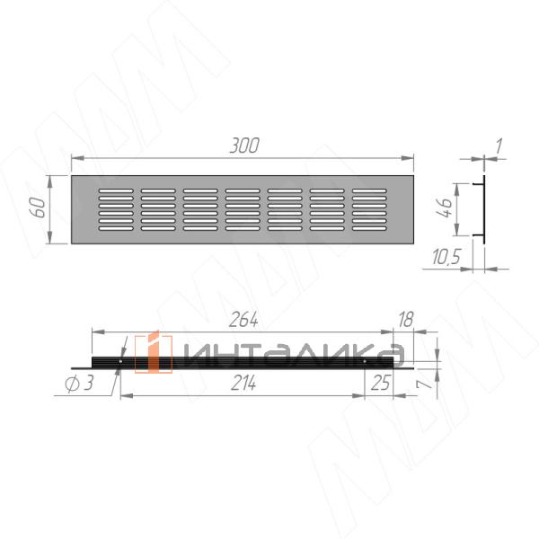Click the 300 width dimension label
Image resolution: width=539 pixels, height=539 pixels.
(x=244, y=146)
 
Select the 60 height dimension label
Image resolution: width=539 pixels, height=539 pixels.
(x=39, y=208)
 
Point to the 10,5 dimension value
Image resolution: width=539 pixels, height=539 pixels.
(x=446, y=256)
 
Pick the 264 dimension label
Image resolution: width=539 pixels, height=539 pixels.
(x=243, y=320)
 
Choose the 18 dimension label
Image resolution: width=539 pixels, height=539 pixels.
(x=406, y=320)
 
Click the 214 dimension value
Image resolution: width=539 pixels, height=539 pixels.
(x=243, y=383)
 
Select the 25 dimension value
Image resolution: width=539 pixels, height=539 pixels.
(x=381, y=383)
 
